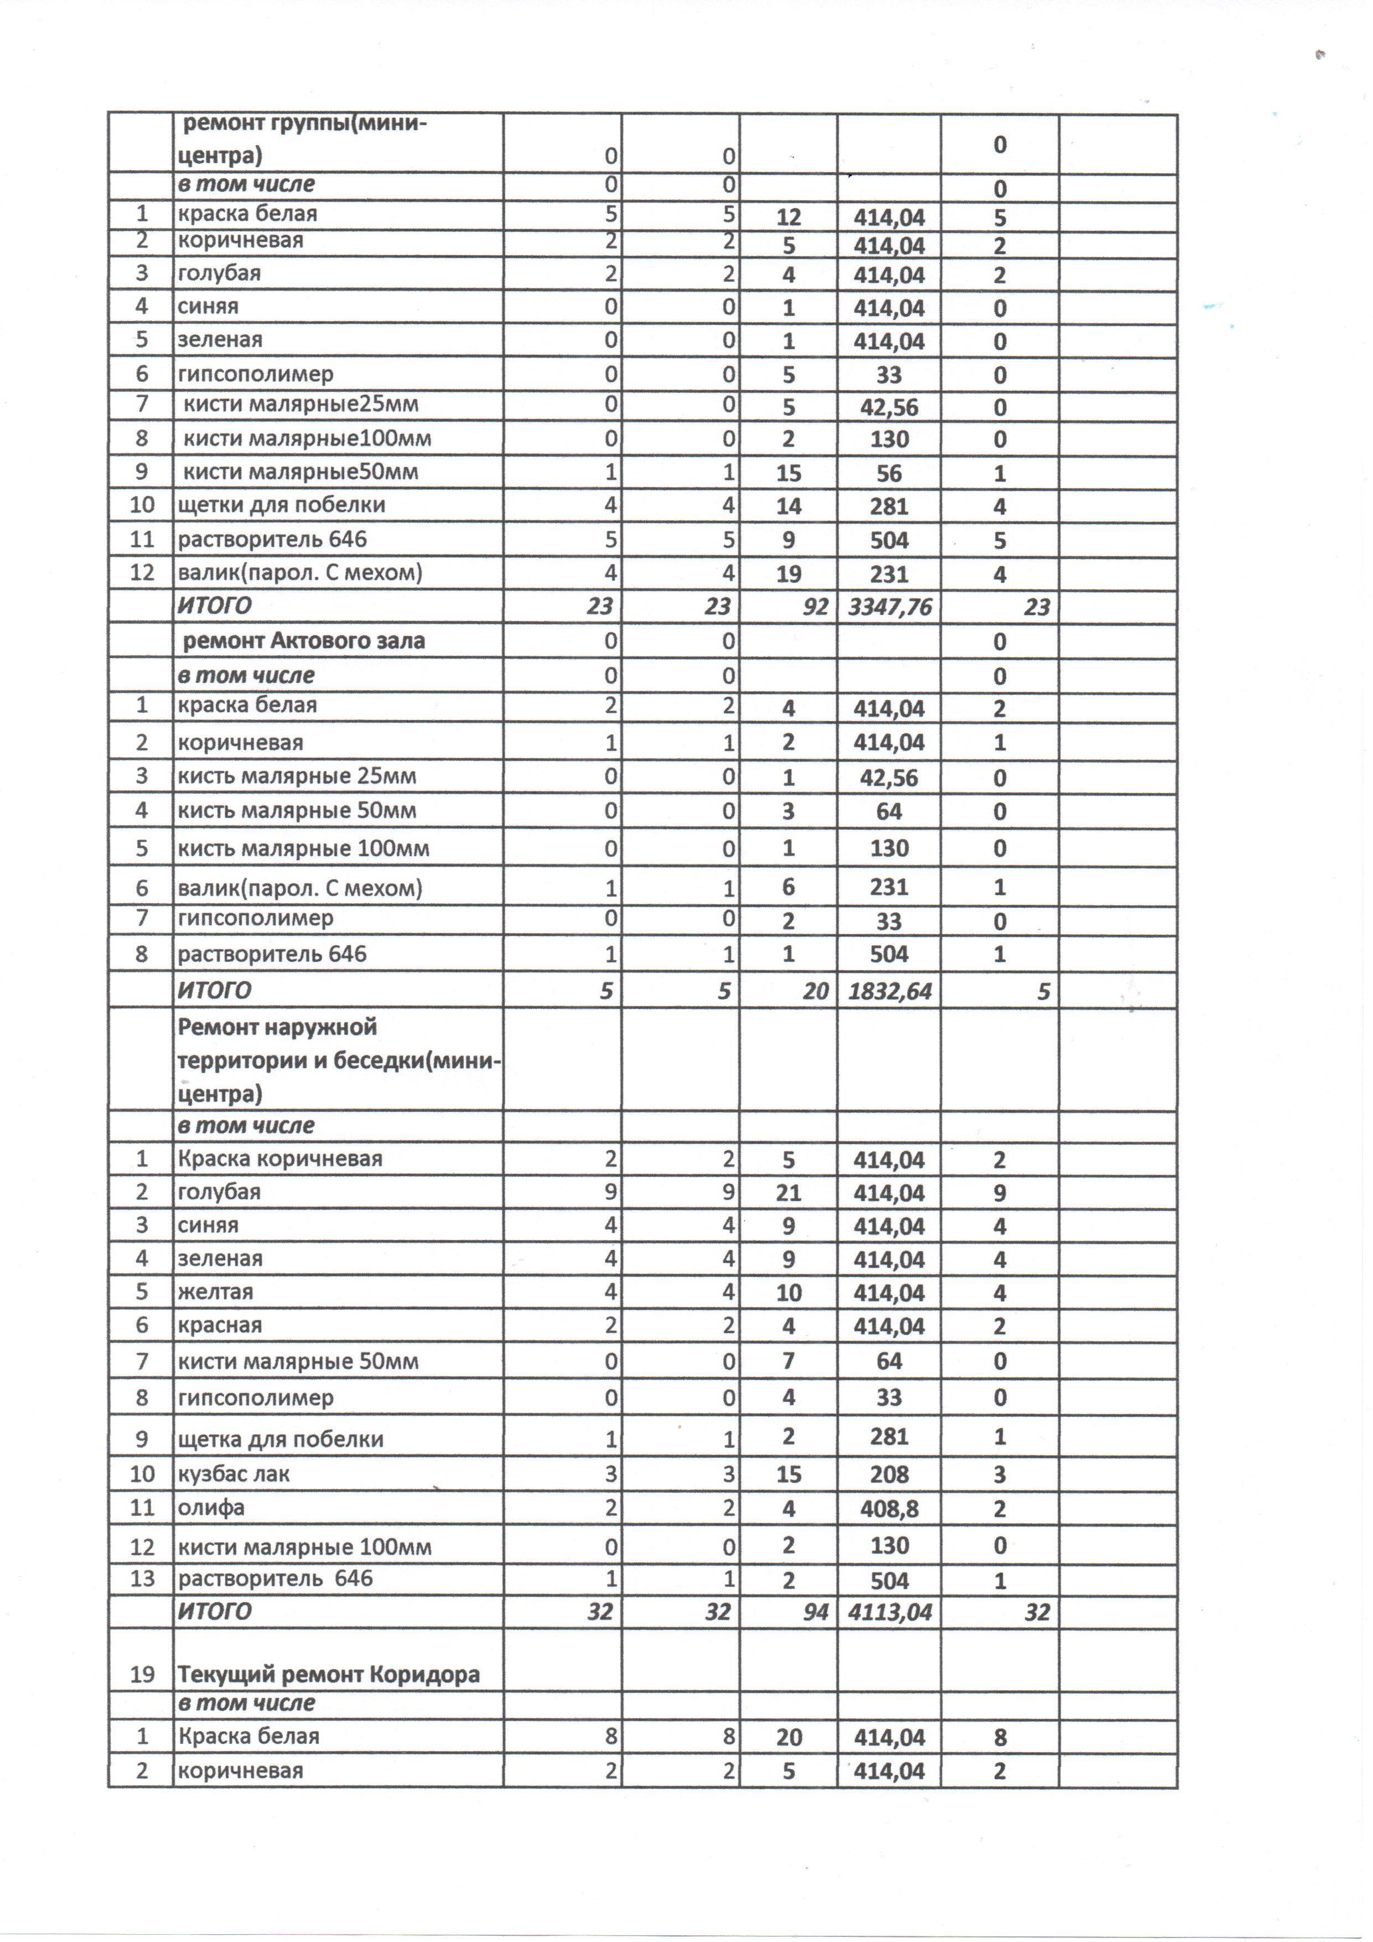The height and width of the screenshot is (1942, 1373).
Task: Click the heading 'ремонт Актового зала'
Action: tap(304, 640)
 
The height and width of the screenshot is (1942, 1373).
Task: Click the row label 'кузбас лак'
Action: tap(234, 1474)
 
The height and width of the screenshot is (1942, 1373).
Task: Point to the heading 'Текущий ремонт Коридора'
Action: tap(329, 1674)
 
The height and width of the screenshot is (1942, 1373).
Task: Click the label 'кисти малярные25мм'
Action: tap(300, 405)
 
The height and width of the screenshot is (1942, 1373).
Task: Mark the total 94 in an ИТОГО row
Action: tap(815, 1612)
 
